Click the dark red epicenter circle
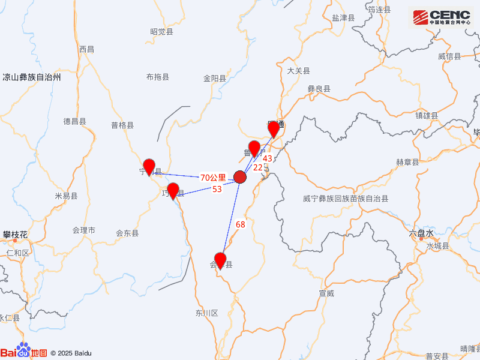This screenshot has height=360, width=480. (240, 177)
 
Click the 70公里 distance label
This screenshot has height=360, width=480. (213, 178)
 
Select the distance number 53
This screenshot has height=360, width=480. (217, 189)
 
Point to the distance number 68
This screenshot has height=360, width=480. (241, 224)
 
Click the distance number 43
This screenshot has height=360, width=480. (268, 158)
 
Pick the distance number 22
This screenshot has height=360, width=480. (257, 167)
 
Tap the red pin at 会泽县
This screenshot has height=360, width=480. (220, 260)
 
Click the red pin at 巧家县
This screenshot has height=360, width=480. (173, 190)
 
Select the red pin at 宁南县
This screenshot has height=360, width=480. (149, 166)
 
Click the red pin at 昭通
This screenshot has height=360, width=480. (274, 129)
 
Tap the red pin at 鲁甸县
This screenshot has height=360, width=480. (254, 148)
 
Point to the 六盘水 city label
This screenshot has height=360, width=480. (421, 233)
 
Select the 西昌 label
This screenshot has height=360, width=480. (86, 49)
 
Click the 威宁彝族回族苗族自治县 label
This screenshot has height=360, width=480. (345, 198)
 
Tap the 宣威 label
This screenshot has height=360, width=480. (326, 293)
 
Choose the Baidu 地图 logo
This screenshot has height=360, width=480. (23, 352)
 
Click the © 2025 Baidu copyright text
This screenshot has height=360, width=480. (71, 353)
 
